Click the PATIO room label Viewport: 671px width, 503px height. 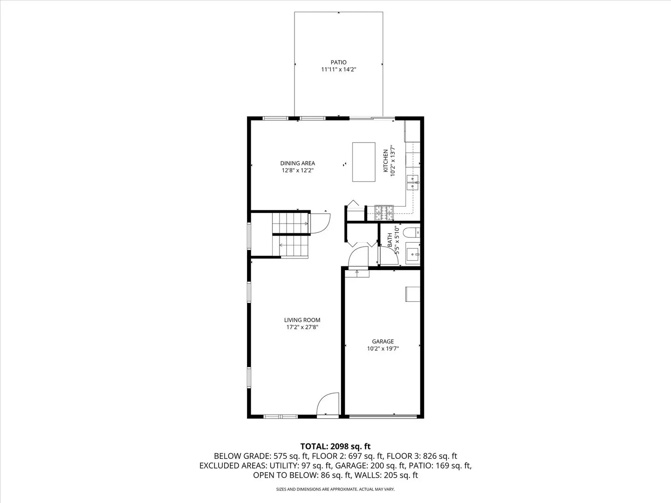[338, 62]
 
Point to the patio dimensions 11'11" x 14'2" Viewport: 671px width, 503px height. [338, 69]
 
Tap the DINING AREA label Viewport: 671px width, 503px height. [297, 163]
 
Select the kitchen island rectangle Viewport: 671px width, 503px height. [363, 162]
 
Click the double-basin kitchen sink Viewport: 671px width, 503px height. [412, 183]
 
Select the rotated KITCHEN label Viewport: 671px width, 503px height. [385, 161]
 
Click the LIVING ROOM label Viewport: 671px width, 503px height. [302, 320]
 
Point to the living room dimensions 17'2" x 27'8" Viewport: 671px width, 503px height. [302, 327]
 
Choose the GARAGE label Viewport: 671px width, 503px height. [383, 341]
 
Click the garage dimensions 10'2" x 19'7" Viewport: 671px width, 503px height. [383, 348]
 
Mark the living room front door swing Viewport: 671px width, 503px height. [329, 403]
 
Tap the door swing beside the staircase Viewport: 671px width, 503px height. [320, 222]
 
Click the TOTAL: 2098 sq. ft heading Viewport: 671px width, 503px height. [335, 447]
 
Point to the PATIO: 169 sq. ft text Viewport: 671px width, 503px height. [439, 466]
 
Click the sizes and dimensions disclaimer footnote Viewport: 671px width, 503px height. [335, 489]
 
